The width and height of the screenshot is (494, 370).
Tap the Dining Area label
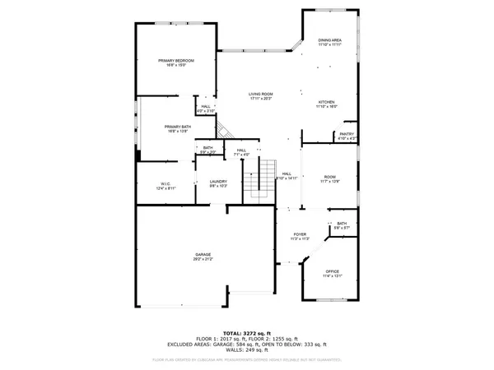tap(330, 39)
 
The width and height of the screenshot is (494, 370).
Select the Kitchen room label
tap(327, 102)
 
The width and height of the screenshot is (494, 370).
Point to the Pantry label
tap(347, 134)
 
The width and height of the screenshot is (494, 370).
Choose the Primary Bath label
tap(178, 126)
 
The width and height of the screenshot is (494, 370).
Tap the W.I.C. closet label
tap(165, 184)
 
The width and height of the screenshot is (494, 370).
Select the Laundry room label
tap(218, 182)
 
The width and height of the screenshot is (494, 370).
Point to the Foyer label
tap(301, 235)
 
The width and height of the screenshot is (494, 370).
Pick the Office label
tap(332, 271)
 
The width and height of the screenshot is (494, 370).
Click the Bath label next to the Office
tap(342, 224)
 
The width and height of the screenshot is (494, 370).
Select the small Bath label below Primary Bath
tap(208, 148)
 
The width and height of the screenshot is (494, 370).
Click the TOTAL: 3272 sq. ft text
tap(246, 334)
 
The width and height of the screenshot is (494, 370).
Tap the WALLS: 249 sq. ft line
tap(246, 352)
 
